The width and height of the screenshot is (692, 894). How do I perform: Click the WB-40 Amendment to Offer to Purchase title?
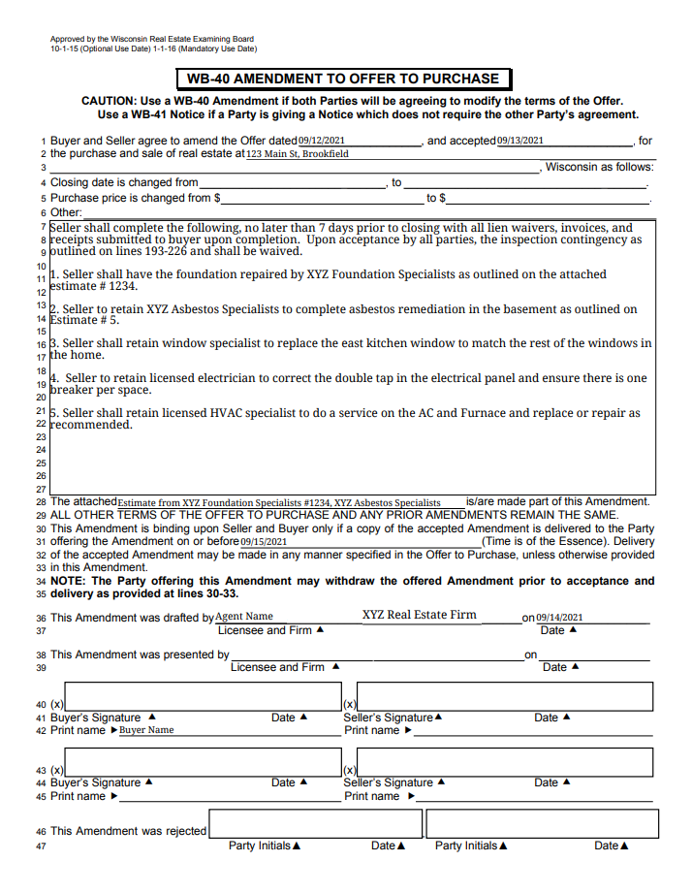pyautogui.click(x=343, y=80)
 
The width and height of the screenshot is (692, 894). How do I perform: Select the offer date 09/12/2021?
pyautogui.click(x=322, y=141)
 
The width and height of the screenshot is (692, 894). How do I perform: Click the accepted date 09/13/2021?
pyautogui.click(x=520, y=141)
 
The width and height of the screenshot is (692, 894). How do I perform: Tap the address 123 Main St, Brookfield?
pyautogui.click(x=298, y=154)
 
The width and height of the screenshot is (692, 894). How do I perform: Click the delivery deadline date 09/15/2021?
pyautogui.click(x=264, y=542)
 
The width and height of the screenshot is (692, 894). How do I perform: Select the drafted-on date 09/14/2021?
pyautogui.click(x=559, y=618)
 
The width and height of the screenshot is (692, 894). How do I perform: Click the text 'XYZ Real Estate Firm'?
pyautogui.click(x=420, y=615)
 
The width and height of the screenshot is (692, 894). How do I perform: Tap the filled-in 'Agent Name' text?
pyautogui.click(x=244, y=617)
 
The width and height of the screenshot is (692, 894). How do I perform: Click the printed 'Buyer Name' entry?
pyautogui.click(x=146, y=730)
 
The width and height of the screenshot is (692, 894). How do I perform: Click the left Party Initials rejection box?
pyautogui.click(x=315, y=824)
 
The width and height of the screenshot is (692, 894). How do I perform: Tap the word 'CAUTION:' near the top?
pyautogui.click(x=111, y=101)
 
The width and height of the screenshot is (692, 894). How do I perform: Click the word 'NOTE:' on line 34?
pyautogui.click(x=69, y=581)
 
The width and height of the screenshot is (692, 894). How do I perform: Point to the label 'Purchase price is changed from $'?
pyautogui.click(x=136, y=198)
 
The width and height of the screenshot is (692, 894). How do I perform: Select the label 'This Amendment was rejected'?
pyautogui.click(x=129, y=831)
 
